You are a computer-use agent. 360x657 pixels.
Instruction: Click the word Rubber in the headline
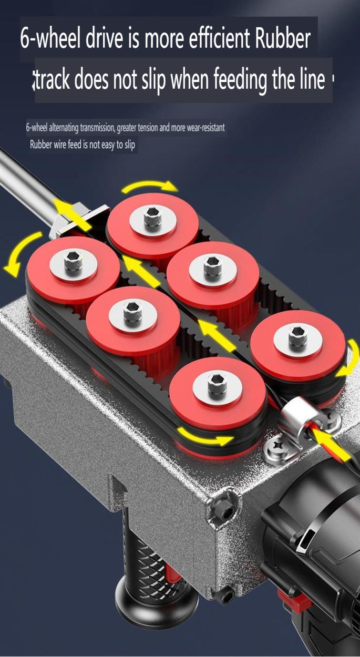pos(283,40)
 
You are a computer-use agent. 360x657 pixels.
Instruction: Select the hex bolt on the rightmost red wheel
pos(298,335)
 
